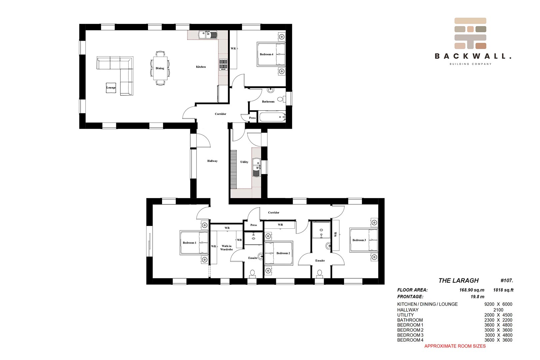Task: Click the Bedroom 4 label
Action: coord(266,54)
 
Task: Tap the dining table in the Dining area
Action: coord(160,68)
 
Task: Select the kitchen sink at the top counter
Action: coord(208,35)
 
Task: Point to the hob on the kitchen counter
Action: coord(223,65)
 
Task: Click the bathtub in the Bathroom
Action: coord(272,117)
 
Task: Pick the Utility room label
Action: coord(244,162)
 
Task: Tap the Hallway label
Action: coord(212,161)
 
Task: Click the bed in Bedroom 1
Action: coord(194,243)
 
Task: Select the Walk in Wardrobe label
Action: coord(226,248)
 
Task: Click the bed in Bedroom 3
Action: coord(364,240)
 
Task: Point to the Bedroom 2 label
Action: coord(283,253)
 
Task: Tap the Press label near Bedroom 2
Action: coord(254,225)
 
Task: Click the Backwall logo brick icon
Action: coord(470,33)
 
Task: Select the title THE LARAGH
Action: coord(459,280)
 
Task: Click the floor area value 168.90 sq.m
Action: coord(472,290)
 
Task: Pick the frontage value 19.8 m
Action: coord(477,297)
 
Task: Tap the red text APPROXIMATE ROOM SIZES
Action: coord(455,346)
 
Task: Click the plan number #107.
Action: coord(507,280)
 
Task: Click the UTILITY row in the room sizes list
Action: coord(455,315)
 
